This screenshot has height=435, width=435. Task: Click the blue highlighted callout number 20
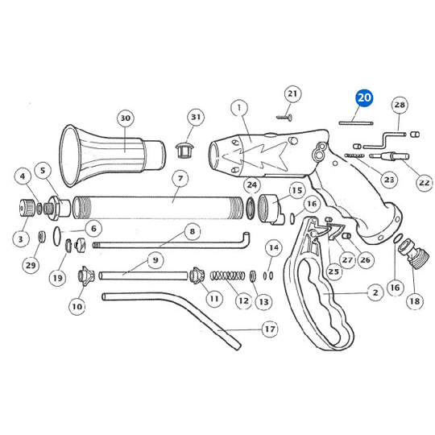364,98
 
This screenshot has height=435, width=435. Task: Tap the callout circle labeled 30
125,118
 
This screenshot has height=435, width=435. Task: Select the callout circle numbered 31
196,117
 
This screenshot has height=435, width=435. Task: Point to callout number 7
180,178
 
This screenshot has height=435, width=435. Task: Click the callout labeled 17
270,329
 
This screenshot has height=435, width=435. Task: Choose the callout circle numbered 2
375,292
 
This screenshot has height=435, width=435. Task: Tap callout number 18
415,300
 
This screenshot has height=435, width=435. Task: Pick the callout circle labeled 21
292,93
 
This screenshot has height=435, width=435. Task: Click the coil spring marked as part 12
227,275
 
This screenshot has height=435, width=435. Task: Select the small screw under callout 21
284,118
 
